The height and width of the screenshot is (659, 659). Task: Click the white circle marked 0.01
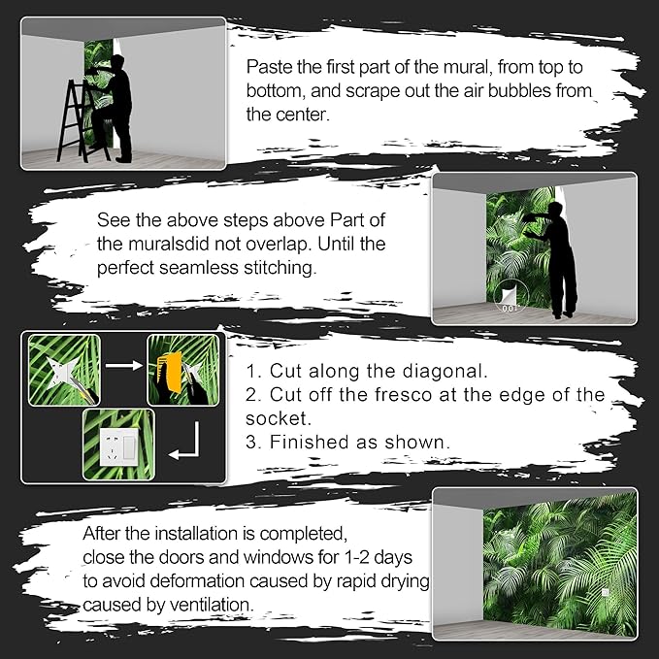[510, 295]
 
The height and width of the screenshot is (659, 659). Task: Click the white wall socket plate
[119, 446]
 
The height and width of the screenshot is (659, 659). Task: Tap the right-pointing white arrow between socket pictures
[124, 365]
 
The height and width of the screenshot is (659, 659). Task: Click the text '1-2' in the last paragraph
[357, 557]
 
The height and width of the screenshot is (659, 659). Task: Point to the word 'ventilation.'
[212, 605]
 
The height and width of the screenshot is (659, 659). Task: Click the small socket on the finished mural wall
[606, 592]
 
